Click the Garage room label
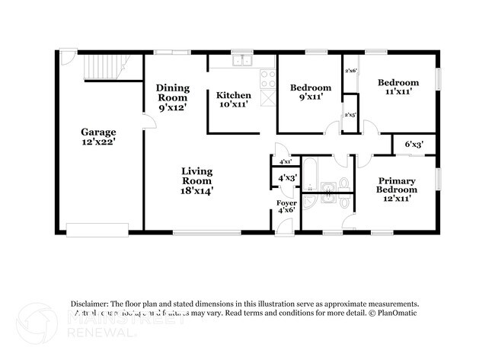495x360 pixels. point(99,131)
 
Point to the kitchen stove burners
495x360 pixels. point(267,77)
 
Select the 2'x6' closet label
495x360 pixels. point(351,71)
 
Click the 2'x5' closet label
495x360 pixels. point(351,115)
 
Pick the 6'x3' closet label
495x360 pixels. point(414,144)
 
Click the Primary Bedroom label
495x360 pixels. point(398,186)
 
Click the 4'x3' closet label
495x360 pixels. point(287,178)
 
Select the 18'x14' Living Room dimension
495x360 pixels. point(196,192)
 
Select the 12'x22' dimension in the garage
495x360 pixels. point(99,142)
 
